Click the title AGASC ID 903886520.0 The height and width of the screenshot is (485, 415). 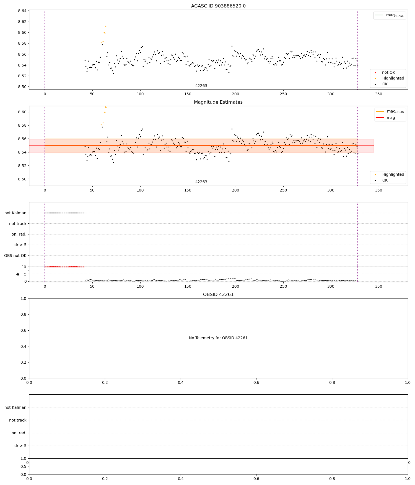click(218, 6)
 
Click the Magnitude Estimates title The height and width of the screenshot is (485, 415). click(218, 102)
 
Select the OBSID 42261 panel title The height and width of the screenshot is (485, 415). click(218, 295)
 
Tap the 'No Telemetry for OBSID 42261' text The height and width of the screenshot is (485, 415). click(218, 338)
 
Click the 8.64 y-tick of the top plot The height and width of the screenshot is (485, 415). click(22, 11)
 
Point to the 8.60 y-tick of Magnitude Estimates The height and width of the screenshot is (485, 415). click(22, 112)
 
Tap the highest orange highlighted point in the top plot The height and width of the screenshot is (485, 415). click(106, 26)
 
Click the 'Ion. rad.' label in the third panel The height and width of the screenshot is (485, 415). click(19, 234)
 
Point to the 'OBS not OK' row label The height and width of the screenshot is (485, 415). click(15, 256)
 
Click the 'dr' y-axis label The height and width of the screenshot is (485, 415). click(18, 274)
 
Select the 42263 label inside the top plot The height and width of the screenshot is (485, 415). click(201, 86)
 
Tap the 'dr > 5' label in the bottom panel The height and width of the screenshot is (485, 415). click(20, 446)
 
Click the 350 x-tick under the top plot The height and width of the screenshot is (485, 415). click(378, 94)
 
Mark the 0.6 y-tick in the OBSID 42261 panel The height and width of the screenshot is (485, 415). click(24, 330)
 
